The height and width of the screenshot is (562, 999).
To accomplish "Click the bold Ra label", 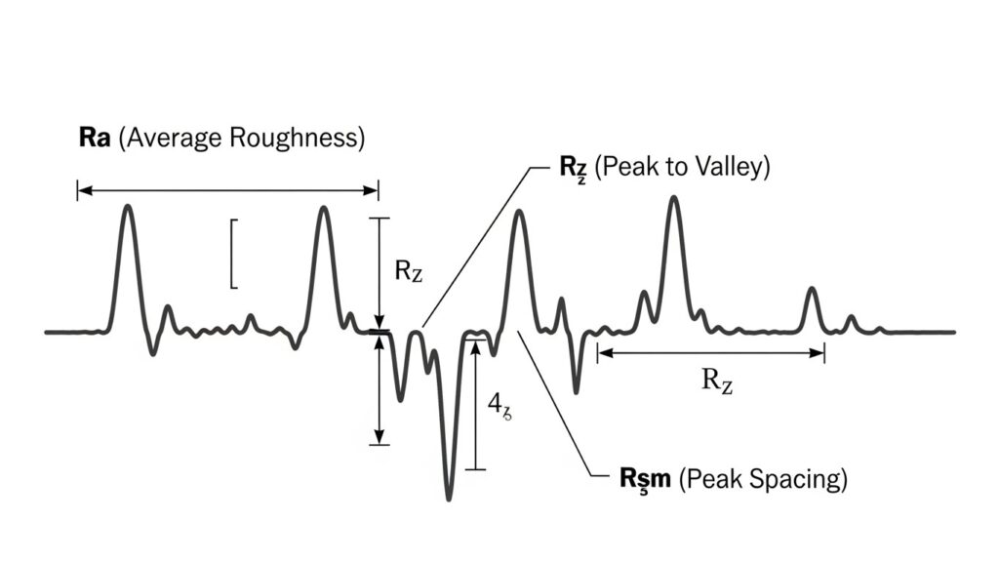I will click(x=95, y=138).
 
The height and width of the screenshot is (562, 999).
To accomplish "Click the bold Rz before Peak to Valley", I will click(x=570, y=167).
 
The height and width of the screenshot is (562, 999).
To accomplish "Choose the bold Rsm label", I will click(x=645, y=479).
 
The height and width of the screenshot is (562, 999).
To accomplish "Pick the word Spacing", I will click(x=804, y=479).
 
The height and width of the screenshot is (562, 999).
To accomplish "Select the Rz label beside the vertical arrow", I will click(x=409, y=271).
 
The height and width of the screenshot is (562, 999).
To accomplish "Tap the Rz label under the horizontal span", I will click(x=717, y=381).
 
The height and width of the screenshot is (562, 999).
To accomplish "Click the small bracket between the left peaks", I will click(x=233, y=254).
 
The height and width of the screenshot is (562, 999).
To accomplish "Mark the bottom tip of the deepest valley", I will click(x=449, y=500).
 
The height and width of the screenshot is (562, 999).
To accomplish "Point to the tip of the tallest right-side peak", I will click(x=673, y=198).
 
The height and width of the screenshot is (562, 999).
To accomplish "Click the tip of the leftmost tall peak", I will click(x=127, y=206).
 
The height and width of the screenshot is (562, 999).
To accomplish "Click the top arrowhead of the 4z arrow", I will click(x=475, y=342).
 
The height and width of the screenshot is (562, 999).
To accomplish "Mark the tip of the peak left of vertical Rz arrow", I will click(x=323, y=208).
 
